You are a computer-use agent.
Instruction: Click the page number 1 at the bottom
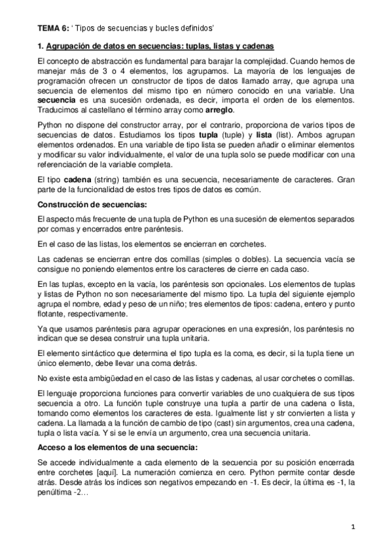351,527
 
